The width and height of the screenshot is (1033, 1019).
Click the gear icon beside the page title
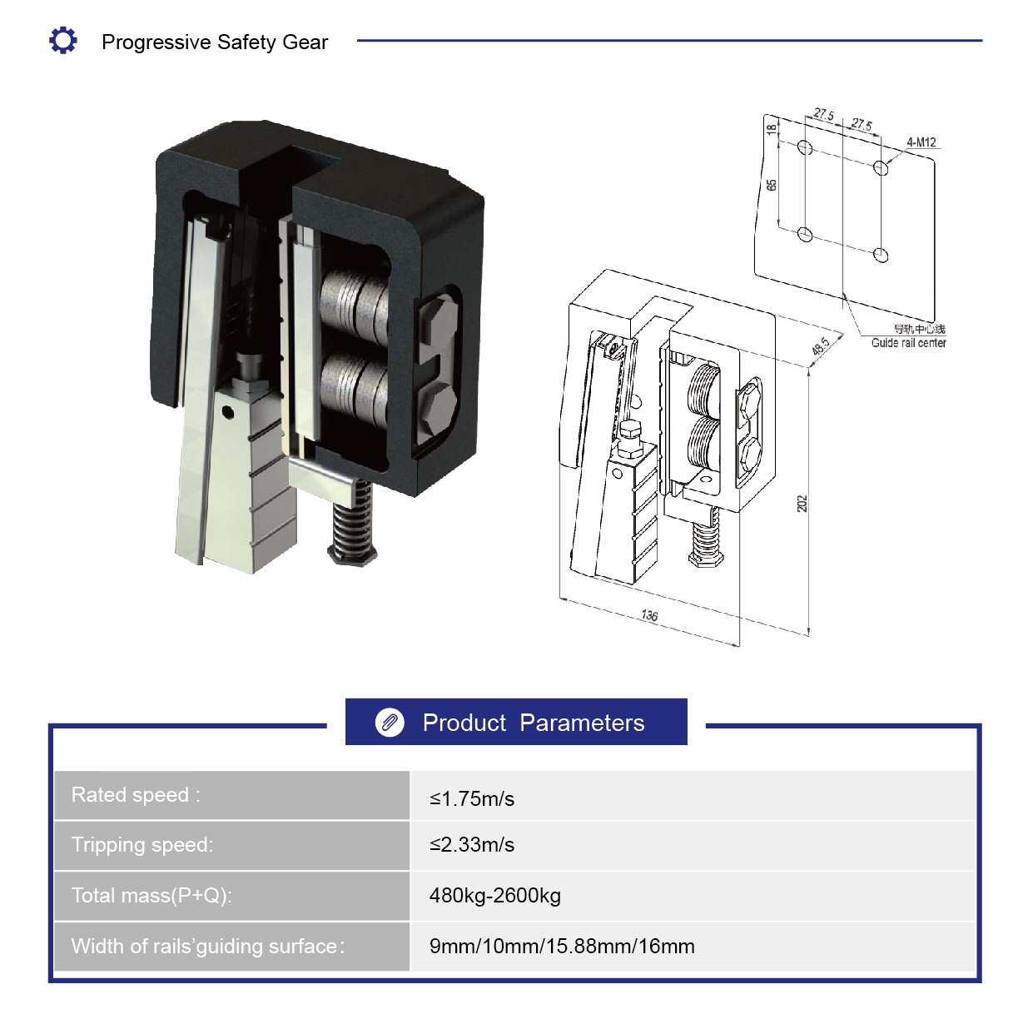pyautogui.click(x=63, y=40)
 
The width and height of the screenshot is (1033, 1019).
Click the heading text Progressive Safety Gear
pyautogui.click(x=215, y=42)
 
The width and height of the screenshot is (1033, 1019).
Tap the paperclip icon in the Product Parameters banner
pyautogui.click(x=390, y=723)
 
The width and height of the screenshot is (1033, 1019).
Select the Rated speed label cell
pyautogui.click(x=231, y=795)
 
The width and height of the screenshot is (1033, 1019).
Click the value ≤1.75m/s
pyautogui.click(x=472, y=798)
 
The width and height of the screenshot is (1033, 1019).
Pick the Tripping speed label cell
pyautogui.click(x=231, y=845)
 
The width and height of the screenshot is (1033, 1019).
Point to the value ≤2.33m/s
pyautogui.click(x=472, y=845)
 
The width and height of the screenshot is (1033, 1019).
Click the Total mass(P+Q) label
pyautogui.click(x=151, y=896)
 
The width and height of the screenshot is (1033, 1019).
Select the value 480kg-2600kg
pyautogui.click(x=494, y=896)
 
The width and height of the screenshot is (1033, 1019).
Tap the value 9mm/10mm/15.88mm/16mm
pyautogui.click(x=562, y=946)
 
